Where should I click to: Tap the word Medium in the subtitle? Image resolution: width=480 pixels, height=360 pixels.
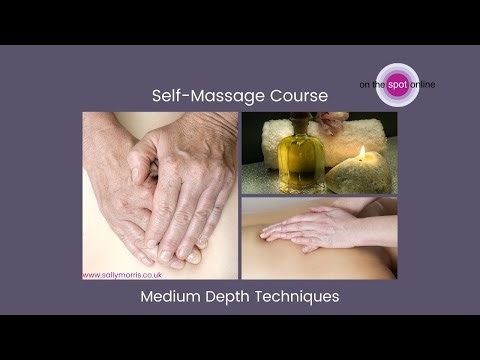tap(171, 296)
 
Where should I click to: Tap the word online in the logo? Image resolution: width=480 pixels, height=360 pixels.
tap(421, 85)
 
